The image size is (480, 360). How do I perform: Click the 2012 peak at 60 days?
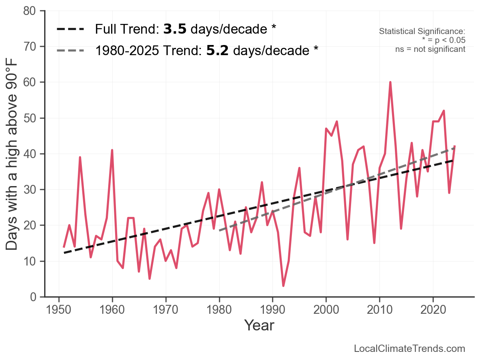[390, 82]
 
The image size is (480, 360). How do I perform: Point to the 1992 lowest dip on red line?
[283, 286]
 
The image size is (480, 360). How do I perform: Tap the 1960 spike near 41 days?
[112, 150]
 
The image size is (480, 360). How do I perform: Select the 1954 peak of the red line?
[80, 157]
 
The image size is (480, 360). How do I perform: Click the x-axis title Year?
[259, 325]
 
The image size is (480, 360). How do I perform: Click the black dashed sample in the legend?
[71, 29]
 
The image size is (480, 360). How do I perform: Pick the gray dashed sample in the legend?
[71, 50]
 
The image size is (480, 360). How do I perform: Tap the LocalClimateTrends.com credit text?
[409, 349]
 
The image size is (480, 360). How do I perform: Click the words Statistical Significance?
[422, 31]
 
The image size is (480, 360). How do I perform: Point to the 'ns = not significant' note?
[430, 49]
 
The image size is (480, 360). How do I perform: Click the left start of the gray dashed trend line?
[219, 230]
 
